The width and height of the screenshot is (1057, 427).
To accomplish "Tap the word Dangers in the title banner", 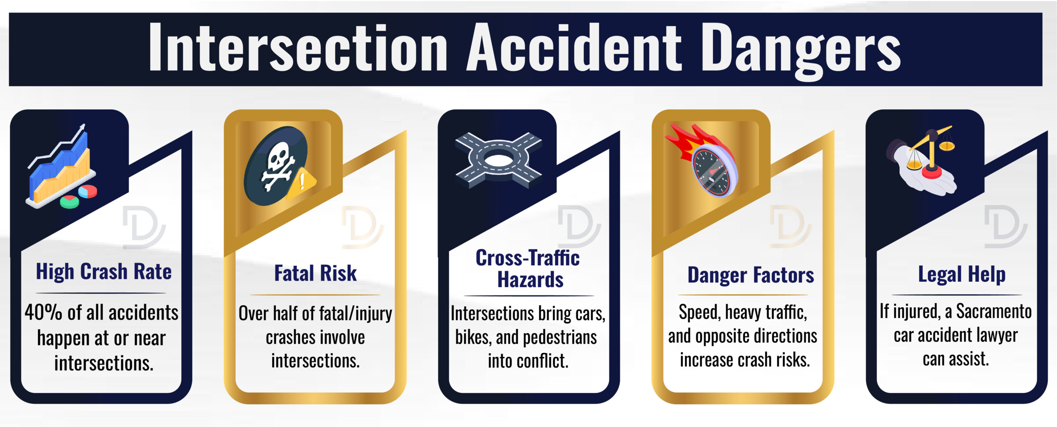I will click(x=801, y=49).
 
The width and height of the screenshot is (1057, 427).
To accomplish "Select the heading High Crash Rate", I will click(x=104, y=272).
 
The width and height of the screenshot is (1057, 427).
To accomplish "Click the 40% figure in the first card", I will click(x=43, y=312).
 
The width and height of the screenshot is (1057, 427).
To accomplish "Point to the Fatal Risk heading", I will click(x=315, y=273).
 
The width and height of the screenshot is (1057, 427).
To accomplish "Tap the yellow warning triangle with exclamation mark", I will click(x=302, y=182).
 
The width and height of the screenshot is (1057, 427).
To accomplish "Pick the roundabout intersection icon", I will click(x=498, y=160).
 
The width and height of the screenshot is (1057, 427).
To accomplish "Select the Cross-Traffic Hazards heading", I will click(x=528, y=269).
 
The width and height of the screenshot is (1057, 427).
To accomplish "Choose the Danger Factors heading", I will click(x=751, y=275).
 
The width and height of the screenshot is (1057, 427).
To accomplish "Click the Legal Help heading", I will click(x=962, y=274).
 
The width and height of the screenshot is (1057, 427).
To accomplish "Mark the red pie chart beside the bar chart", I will click(x=88, y=191).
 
